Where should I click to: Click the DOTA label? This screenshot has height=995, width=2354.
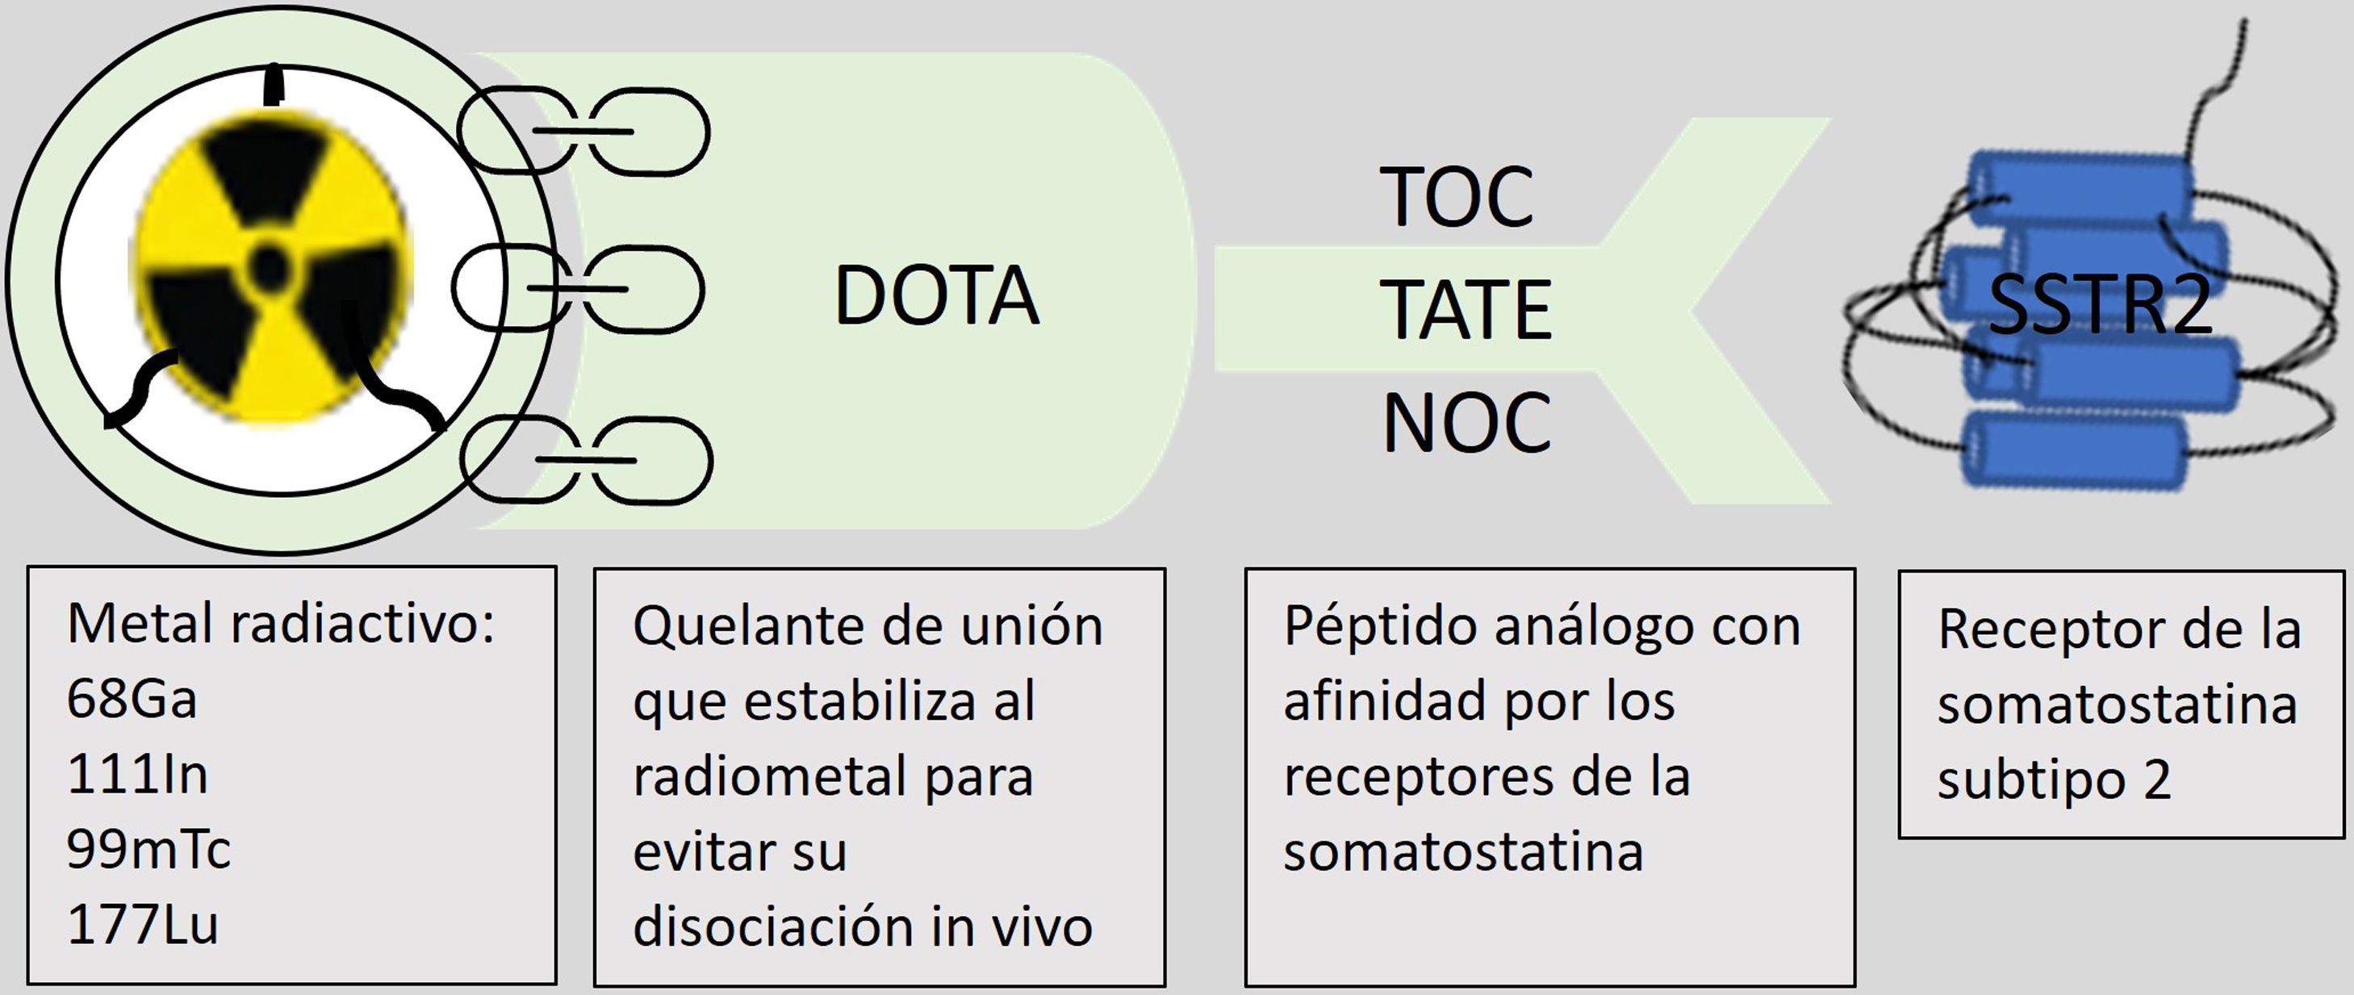(x=937, y=295)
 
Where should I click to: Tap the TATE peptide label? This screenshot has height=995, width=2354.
(x=1466, y=310)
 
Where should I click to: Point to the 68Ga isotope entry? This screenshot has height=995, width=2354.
(x=132, y=700)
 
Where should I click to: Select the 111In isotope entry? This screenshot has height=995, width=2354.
(x=138, y=775)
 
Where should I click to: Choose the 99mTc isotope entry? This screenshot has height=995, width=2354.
(x=148, y=850)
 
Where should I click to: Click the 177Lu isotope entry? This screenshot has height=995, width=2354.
(x=143, y=925)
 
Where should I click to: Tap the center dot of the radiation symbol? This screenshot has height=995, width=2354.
(x=270, y=267)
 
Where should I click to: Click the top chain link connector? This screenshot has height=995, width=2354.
(x=583, y=132)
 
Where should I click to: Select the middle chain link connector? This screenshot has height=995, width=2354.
(x=578, y=289)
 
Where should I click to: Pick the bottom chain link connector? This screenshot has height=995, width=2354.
(x=586, y=460)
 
